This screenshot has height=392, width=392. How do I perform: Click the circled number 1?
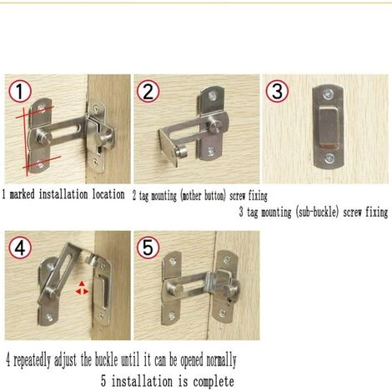click(x=21, y=91)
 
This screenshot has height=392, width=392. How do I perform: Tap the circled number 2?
click(x=148, y=90)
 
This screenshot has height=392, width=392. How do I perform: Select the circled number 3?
click(x=277, y=90)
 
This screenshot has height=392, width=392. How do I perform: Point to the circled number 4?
click(x=21, y=247)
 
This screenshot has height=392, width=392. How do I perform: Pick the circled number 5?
click(x=148, y=247)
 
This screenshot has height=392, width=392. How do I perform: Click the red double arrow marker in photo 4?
click(x=82, y=289)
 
